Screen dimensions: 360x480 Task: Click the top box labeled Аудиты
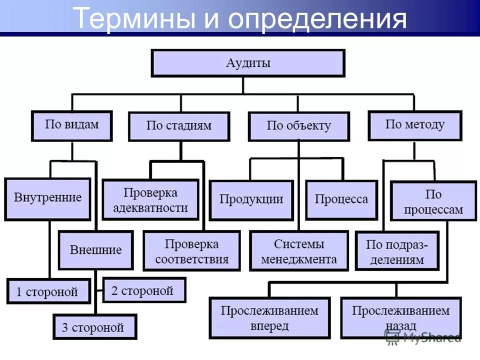[248, 63]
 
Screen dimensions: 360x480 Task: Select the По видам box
[72, 125]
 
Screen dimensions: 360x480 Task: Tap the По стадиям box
[179, 126]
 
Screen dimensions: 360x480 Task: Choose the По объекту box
[298, 126]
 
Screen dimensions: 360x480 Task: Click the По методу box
[414, 125]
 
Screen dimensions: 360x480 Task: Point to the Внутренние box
[47, 198]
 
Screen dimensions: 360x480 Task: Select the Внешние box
[95, 250]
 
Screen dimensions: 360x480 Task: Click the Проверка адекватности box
[150, 200]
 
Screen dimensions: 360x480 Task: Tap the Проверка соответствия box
[191, 251]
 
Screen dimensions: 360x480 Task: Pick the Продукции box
[251, 199]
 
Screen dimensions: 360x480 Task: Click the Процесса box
[341, 199]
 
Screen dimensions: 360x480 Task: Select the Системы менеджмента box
[299, 251]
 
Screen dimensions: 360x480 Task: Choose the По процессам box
[433, 201]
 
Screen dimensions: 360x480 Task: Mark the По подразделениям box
[397, 251]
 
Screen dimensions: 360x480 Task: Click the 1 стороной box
[47, 291]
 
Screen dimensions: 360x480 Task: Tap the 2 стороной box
[143, 290]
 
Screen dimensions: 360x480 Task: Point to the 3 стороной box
[94, 327]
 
